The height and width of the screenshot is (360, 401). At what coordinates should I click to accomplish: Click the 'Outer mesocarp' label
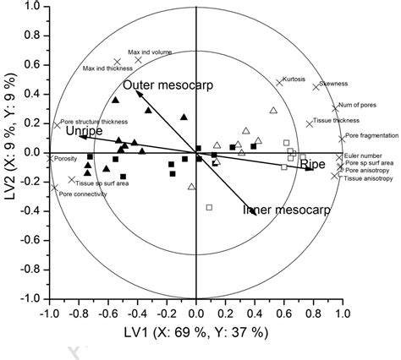(166, 85)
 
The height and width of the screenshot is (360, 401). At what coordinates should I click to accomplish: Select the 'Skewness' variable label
(337, 86)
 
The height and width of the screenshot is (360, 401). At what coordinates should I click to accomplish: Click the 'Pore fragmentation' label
(369, 134)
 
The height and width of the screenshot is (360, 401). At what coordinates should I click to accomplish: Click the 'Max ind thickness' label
(106, 68)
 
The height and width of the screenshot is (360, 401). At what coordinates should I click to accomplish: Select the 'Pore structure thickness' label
(88, 122)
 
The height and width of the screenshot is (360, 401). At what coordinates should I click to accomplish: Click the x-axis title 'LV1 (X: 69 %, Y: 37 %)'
(196, 332)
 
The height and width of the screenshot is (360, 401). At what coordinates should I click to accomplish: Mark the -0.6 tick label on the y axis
(31, 240)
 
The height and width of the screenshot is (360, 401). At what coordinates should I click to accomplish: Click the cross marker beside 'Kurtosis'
(279, 83)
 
